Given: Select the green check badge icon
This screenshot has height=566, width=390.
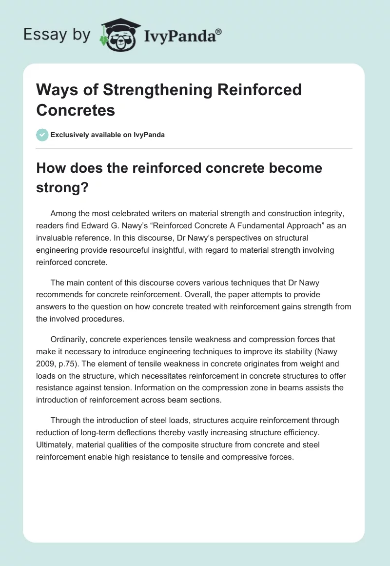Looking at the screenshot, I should pyautogui.click(x=42, y=135).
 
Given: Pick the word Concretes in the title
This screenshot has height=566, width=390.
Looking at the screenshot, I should pyautogui.click(x=76, y=110).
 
